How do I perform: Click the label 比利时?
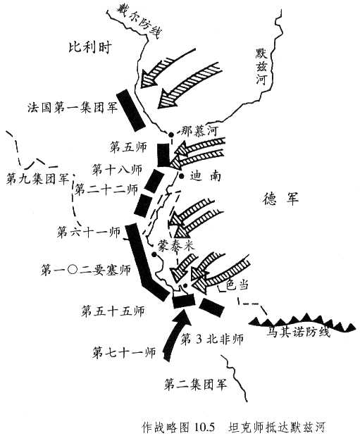coord(90,48)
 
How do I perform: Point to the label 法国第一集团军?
coord(73,107)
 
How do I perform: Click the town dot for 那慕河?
coord(171,135)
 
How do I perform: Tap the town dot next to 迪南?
coord(181,175)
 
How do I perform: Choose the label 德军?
coord(280,199)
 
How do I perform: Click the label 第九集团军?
coord(38,179)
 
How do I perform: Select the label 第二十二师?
coord(106,189)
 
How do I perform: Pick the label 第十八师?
coord(117,169)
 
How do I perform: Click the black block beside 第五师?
coord(163,154)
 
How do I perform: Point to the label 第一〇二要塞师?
coord(86,270)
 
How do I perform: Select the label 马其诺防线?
coord(299,332)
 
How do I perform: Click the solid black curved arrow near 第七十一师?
coord(174,335)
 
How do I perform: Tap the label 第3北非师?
coord(212,340)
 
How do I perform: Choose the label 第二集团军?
coord(196,384)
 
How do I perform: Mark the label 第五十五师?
coord(113,311)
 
